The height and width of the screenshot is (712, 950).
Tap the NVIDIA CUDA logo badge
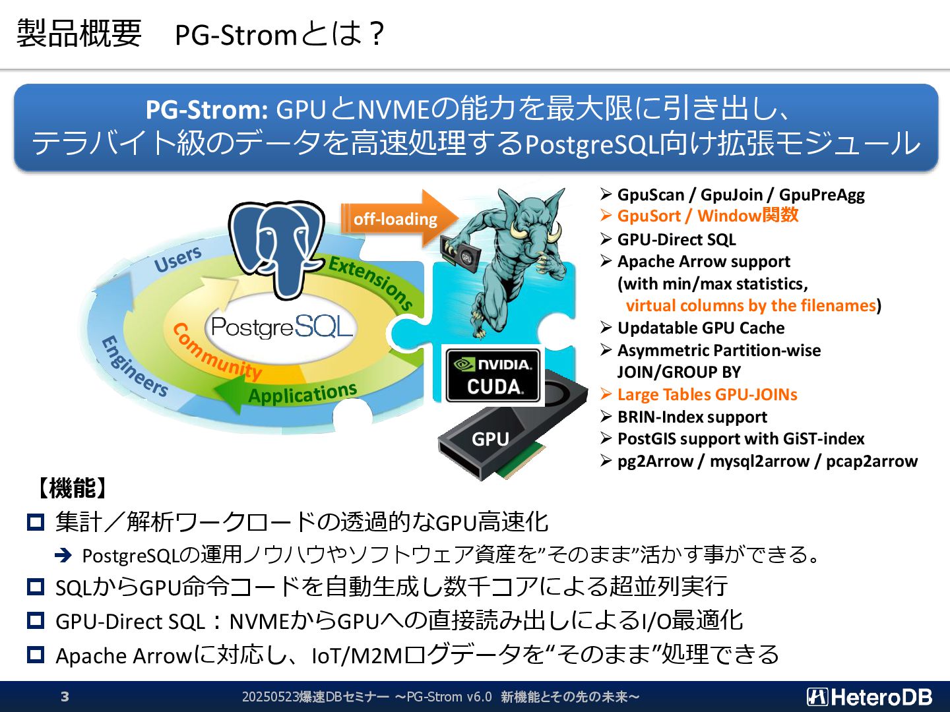point(493,376)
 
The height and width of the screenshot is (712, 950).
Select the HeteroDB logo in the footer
point(869,697)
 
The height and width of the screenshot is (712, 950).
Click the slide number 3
point(65,697)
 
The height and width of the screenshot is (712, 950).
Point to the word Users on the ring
point(177,259)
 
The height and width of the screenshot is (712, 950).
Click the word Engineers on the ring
point(134,367)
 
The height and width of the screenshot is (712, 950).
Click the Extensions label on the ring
point(371,282)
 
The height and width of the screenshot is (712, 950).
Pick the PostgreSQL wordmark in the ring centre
point(282,326)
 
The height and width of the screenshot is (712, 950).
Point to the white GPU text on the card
point(490,439)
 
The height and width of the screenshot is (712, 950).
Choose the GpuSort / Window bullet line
point(707,216)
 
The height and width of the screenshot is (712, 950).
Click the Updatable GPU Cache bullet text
point(701,328)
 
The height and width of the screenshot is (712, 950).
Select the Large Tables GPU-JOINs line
point(707,395)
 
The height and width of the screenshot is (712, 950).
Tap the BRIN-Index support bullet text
point(692,417)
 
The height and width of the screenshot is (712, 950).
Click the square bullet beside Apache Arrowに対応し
point(36,655)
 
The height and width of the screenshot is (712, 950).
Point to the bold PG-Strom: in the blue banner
point(206,109)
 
